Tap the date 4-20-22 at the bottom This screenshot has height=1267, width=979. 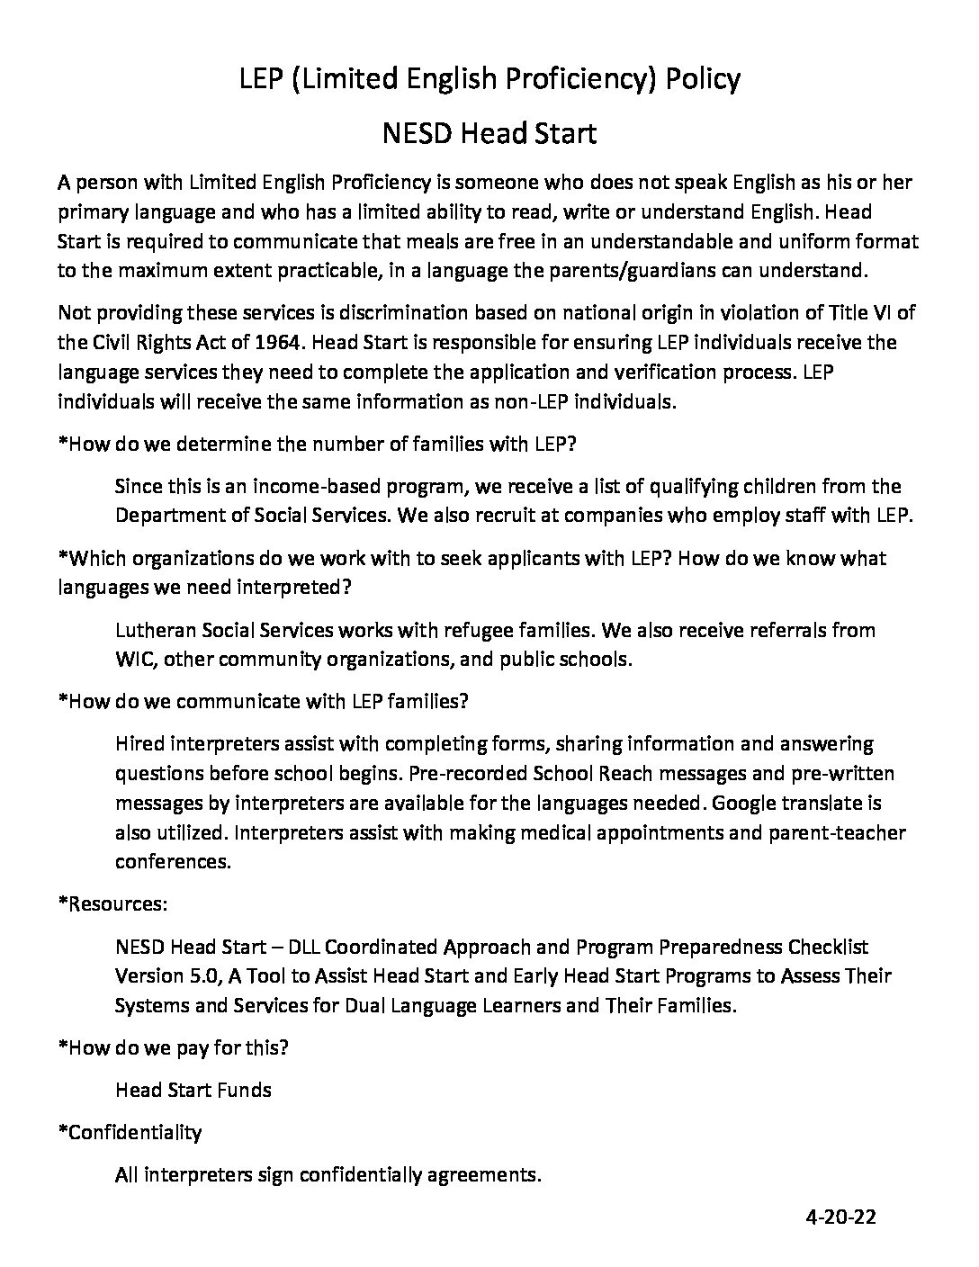840,1218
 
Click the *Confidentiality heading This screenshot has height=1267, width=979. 130,1132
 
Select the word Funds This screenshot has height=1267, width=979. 245,1090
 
